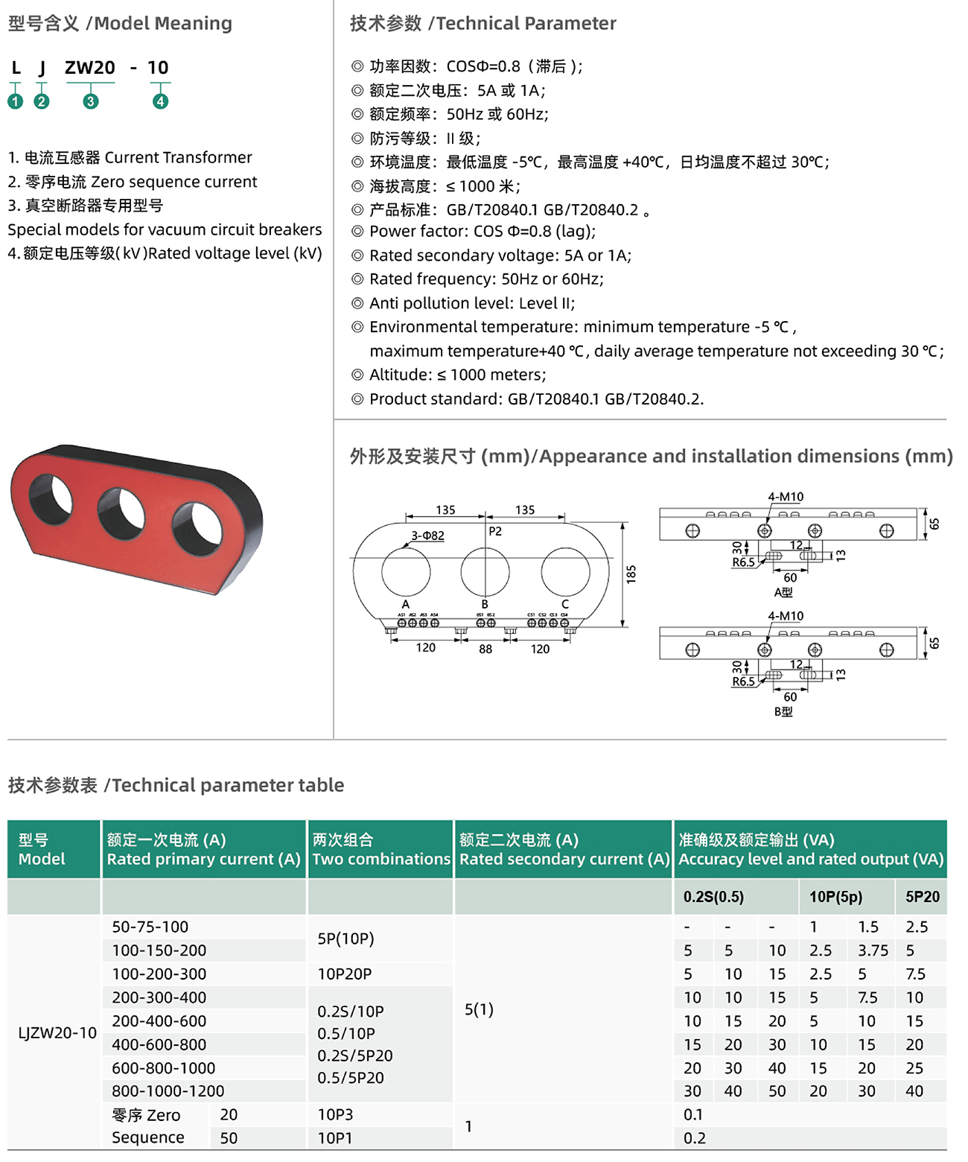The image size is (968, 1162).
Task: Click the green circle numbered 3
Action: [90, 101]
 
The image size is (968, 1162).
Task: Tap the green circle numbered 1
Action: [16, 101]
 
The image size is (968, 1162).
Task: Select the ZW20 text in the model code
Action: [90, 68]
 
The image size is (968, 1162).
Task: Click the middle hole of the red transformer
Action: [121, 513]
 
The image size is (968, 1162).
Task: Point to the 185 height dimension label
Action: [631, 574]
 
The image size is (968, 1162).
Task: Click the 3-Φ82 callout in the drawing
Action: [427, 536]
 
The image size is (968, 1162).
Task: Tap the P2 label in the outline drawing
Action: [495, 532]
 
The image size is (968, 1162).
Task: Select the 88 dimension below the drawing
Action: [485, 649]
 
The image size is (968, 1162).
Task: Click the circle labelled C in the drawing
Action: [565, 572]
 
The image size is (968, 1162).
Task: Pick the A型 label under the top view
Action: [783, 592]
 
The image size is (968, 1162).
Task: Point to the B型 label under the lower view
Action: [783, 711]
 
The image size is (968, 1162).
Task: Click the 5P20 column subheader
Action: [923, 897]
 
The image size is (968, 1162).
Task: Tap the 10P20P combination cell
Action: [345, 974]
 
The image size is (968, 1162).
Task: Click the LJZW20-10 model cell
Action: [57, 1033]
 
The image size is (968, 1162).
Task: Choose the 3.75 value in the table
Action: [873, 950]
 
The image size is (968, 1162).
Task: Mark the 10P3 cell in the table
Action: [335, 1115]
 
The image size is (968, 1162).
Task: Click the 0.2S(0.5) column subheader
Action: [713, 897]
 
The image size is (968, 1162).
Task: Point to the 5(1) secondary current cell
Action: [479, 1009]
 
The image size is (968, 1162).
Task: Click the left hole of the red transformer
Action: [51, 495]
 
